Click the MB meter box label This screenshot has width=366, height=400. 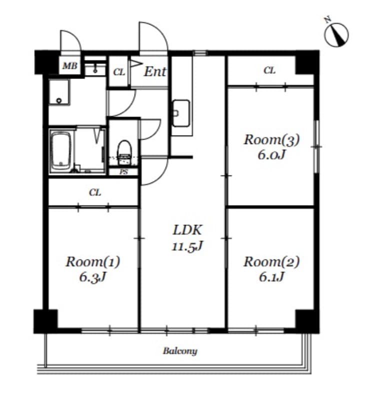70,66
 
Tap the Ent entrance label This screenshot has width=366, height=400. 155,71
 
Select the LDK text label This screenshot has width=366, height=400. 187,230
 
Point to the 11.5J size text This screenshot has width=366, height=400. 187,246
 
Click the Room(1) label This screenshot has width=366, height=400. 92,262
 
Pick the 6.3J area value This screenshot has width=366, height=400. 92,277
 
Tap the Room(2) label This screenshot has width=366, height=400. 271,262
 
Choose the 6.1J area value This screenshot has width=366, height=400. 271,277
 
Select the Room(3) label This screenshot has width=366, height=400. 271,139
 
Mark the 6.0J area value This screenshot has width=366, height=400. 271,154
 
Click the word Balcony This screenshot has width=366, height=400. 180,351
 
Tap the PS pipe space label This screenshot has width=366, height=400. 123,172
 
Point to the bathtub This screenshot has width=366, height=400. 60,151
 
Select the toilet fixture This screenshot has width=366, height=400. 124,152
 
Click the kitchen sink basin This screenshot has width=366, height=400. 181,113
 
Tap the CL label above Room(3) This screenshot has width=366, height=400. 269,70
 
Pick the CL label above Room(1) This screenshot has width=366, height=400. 95,192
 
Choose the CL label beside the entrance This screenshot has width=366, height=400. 119,72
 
